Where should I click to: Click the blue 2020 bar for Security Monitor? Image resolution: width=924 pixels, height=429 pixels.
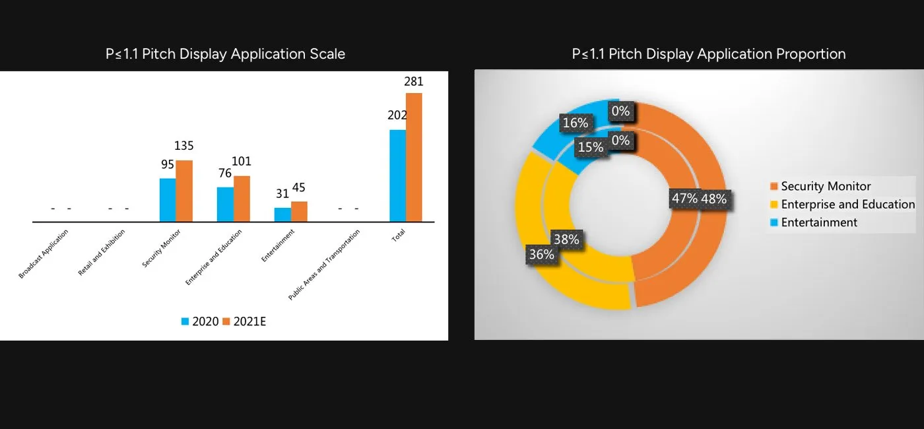click(168, 200)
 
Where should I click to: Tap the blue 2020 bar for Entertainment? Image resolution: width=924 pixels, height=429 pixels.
click(282, 214)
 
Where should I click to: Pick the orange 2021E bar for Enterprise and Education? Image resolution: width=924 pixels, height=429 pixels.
click(242, 199)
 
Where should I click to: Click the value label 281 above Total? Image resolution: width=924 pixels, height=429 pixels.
click(414, 82)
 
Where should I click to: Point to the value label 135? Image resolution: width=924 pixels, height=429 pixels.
click(184, 146)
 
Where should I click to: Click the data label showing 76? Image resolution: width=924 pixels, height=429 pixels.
click(225, 173)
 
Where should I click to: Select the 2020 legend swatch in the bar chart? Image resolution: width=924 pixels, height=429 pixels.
click(185, 322)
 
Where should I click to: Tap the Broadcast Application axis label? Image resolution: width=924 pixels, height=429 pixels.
click(44, 253)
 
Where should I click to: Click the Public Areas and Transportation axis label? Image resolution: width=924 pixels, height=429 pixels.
click(324, 265)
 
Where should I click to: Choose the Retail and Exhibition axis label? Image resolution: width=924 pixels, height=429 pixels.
click(102, 252)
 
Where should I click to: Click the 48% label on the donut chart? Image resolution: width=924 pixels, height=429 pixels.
click(713, 199)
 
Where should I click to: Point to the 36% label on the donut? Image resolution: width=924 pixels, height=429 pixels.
click(541, 254)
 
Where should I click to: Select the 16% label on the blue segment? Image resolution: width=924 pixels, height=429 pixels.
click(575, 123)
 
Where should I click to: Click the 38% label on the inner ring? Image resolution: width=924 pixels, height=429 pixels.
click(566, 240)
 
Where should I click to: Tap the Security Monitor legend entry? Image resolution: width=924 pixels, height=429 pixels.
click(826, 187)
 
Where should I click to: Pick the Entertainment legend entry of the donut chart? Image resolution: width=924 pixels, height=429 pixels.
click(819, 222)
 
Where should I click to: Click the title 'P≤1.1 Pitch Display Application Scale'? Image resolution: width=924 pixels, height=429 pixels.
click(225, 54)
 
